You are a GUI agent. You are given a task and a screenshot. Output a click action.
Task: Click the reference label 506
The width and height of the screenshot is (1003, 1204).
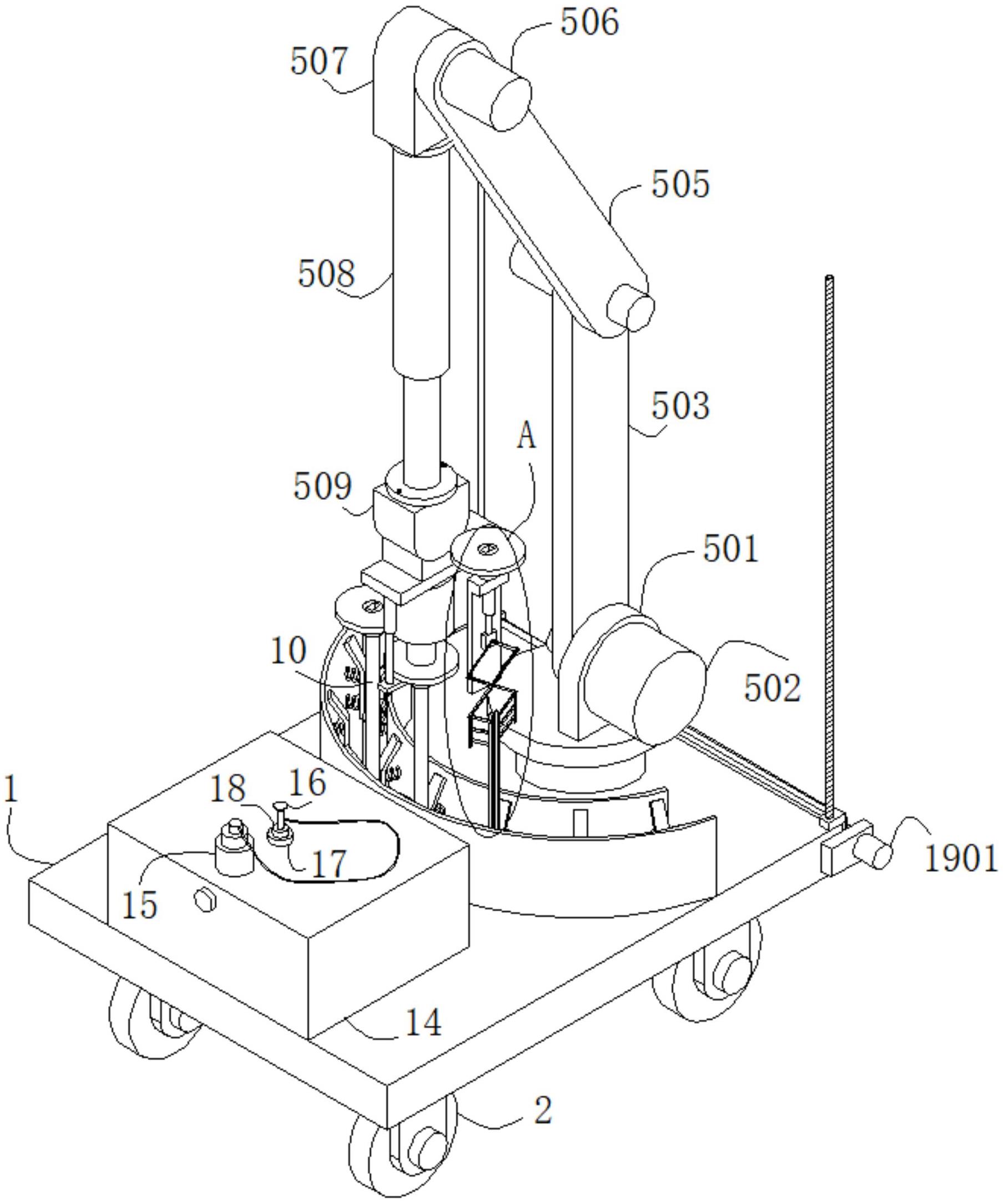point(590,23)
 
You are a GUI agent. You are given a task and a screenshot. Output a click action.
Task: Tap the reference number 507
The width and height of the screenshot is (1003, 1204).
point(319,61)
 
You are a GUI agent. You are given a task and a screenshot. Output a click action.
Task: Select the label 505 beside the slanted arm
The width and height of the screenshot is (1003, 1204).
point(681,184)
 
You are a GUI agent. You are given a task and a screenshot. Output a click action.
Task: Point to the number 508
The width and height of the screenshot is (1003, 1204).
point(326,273)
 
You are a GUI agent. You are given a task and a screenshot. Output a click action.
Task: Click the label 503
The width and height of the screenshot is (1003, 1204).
point(681,406)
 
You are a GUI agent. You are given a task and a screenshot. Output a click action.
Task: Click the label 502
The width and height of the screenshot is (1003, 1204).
point(772,688)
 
